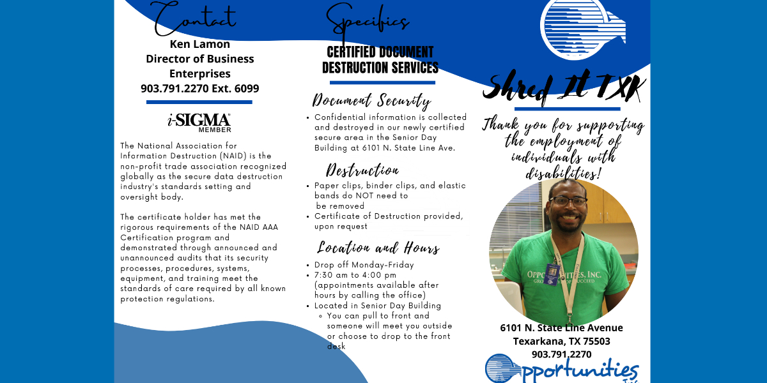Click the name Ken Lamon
[199, 44]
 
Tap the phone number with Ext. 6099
[199, 89]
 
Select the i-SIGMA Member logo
[199, 121]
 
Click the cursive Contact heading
[196, 17]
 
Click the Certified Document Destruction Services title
[380, 60]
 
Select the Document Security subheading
[371, 101]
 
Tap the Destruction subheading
[362, 170]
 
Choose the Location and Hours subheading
[378, 248]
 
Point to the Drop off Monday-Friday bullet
[364, 265]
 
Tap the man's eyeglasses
[568, 200]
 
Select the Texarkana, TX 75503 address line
[561, 342]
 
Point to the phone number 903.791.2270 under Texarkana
[561, 354]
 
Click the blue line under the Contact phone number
[199, 102]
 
